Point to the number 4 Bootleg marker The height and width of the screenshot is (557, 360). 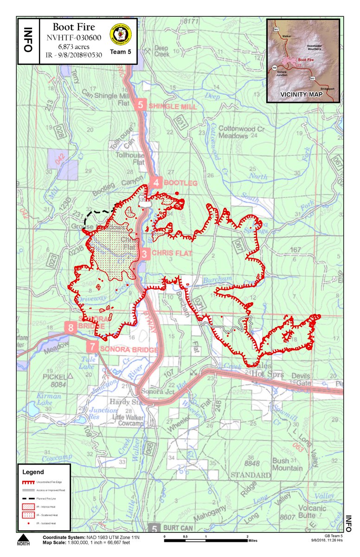(156, 183)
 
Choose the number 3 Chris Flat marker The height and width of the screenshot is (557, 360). (145, 253)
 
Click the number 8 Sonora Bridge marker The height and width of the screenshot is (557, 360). (71, 328)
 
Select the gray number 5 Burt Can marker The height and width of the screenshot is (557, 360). (154, 528)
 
